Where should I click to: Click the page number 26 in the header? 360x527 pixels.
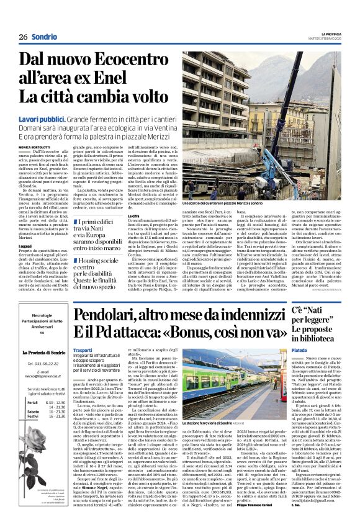click(x=22, y=37)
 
